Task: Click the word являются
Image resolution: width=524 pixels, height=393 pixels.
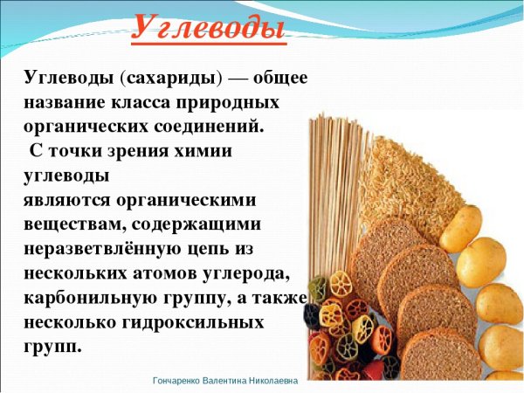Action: (x=63, y=199)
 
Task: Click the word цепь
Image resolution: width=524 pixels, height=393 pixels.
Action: (x=228, y=249)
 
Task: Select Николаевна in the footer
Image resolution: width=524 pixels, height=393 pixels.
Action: (x=279, y=382)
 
